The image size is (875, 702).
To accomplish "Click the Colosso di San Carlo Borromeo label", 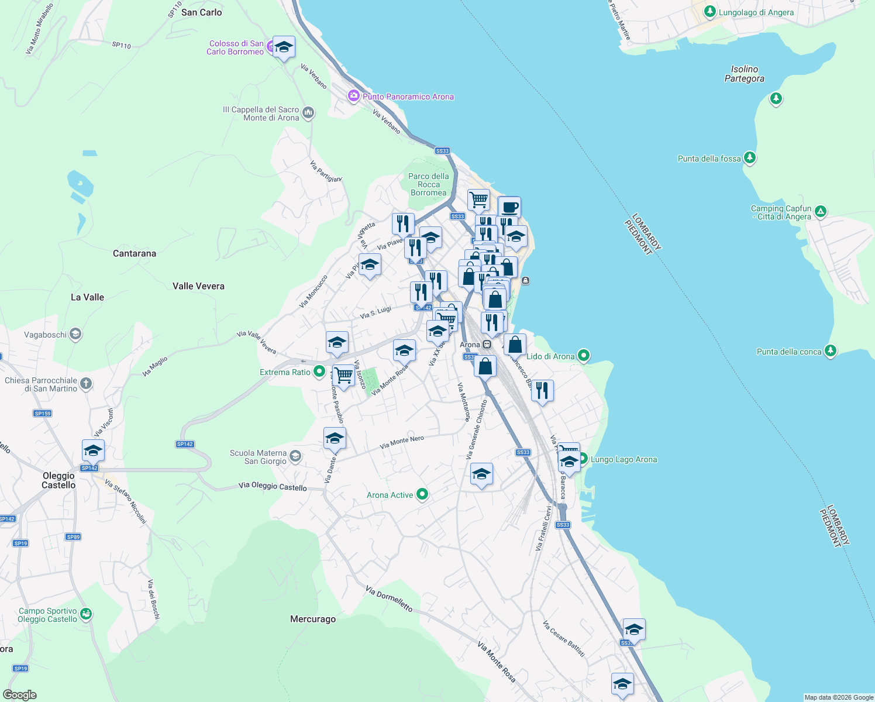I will coord(236,47).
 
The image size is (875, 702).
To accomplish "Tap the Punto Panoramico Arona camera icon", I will coord(353,96).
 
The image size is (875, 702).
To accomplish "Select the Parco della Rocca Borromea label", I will coord(429,184).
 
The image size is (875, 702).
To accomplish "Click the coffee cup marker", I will coord(509,207).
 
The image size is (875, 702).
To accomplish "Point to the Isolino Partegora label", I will coord(744,74).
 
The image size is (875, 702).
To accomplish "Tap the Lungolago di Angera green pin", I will coord(709,12).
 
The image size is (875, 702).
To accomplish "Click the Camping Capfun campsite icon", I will coord(821,211).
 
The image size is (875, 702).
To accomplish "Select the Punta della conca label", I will coord(789,352).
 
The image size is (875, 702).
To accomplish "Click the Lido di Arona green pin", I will coord(583,356).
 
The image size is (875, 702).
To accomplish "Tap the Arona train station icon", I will coord(487,345).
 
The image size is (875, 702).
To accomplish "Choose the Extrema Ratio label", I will coord(285,372).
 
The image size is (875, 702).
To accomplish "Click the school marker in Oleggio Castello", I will coord(93,451).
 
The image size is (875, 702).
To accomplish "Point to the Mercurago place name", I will coord(313,619).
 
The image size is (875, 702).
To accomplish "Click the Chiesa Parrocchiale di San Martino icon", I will coord(86,384).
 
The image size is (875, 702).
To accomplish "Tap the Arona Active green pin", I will coord(422,495).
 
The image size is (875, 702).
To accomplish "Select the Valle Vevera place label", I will coord(198,286).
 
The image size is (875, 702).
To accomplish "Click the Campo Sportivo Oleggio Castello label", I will coord(47,615).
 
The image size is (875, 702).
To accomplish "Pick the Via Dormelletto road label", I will coord(389,598).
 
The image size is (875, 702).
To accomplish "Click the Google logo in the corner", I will coord(20,694).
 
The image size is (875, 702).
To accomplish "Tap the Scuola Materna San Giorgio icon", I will coord(295,456).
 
